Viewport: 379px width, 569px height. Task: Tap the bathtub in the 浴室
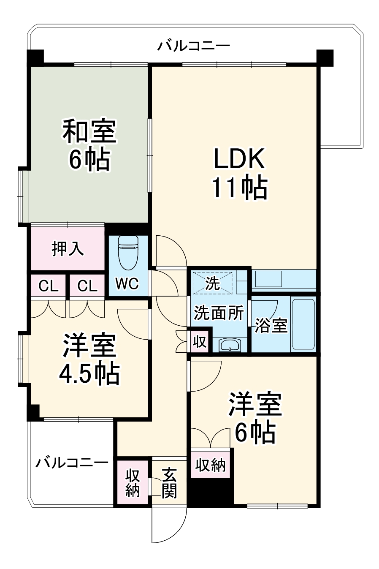[303, 324]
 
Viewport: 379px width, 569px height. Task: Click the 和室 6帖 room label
[89, 145]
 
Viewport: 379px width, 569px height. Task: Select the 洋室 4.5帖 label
[89, 359]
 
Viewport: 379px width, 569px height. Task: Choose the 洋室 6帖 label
[255, 418]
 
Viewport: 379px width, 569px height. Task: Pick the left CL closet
[48, 286]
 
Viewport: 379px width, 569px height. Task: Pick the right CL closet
[87, 286]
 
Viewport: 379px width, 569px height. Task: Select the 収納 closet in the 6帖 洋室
[210, 465]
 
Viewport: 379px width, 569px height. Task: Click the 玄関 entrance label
[169, 483]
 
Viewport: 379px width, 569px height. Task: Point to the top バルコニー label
[194, 45]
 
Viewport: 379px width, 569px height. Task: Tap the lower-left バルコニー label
[72, 463]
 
